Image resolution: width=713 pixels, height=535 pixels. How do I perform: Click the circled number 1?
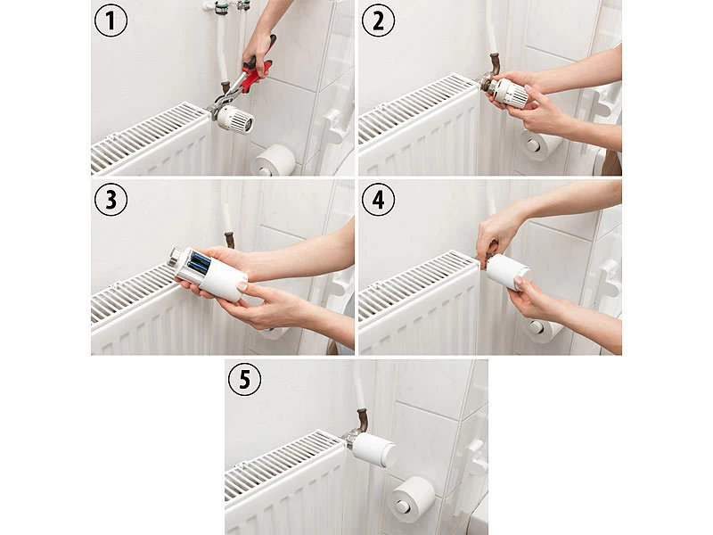click(111, 21)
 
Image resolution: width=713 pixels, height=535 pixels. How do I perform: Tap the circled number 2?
click(378, 21)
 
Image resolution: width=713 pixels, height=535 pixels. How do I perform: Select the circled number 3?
click(111, 199)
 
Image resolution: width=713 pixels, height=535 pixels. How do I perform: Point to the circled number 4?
click(378, 199)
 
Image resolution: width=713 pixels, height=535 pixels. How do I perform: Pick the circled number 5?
click(244, 379)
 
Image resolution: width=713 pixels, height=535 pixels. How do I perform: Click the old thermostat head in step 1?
click(234, 119)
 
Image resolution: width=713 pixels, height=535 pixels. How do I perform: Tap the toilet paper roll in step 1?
click(274, 160)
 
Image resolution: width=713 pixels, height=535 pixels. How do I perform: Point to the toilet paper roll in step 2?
click(540, 144)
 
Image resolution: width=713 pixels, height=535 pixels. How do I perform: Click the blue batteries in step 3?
click(199, 263)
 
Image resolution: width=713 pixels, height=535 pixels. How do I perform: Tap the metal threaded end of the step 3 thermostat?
click(174, 258)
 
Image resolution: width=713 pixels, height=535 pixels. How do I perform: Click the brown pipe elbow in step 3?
click(230, 240)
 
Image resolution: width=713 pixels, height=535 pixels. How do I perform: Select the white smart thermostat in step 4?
click(508, 272)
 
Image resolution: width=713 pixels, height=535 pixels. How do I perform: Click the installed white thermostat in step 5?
click(373, 448)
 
